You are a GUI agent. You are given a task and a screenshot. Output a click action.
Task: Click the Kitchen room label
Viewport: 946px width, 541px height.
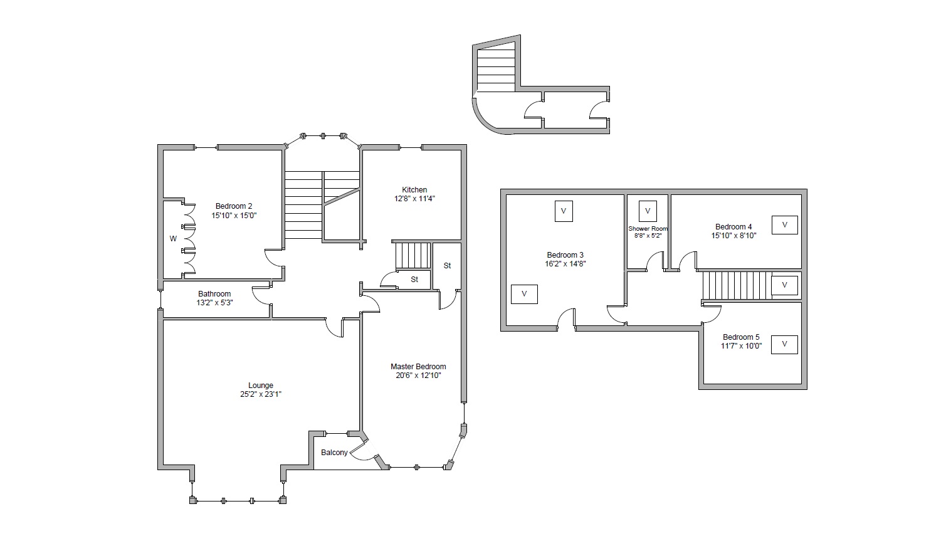point(414,190)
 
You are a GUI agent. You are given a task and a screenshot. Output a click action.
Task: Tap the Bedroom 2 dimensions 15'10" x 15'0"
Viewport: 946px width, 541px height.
point(234,216)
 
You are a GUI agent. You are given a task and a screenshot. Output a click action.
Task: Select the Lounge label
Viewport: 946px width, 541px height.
point(261,385)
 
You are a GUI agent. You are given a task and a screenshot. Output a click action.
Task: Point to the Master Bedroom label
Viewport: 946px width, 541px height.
point(418,367)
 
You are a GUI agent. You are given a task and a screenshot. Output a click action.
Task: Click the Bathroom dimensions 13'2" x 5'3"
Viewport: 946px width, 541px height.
point(214,303)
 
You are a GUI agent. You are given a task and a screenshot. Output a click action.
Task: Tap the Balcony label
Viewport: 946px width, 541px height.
point(334,453)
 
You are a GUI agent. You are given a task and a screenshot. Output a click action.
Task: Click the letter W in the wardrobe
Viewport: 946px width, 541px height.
point(173,239)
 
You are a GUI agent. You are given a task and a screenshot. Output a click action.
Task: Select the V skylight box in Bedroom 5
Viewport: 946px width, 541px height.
point(784,345)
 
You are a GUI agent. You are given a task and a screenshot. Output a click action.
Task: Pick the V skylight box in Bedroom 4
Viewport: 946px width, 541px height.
point(785,225)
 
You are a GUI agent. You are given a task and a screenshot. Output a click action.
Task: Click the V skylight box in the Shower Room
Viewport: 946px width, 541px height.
point(648,211)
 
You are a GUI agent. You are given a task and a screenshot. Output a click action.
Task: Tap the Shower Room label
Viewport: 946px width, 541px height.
point(648,228)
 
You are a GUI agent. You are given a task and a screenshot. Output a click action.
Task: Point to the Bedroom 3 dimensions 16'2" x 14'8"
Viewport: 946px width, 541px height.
point(565,264)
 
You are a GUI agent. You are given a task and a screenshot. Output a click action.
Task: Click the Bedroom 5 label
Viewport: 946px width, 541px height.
point(741,337)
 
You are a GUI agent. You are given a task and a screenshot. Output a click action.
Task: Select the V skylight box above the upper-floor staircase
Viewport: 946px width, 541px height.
point(785,285)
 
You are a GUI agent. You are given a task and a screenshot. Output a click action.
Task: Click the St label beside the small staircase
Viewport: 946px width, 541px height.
point(414,280)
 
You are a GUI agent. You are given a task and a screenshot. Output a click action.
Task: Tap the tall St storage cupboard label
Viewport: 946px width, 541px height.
point(447,266)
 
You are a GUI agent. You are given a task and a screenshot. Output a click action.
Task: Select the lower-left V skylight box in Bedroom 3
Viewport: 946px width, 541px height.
point(524,295)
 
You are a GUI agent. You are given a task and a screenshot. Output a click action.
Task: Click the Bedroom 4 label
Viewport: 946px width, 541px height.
point(733,227)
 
